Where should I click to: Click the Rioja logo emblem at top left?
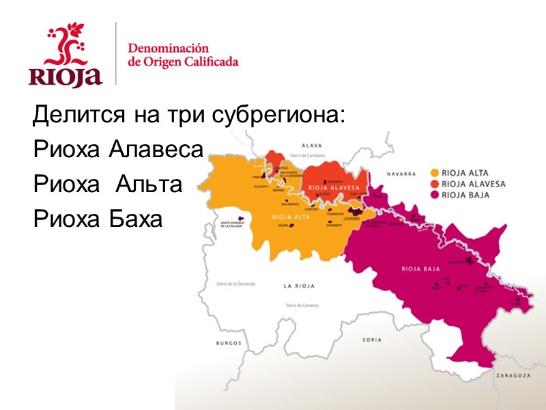click(x=66, y=55)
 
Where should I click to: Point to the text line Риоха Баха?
click(x=98, y=219)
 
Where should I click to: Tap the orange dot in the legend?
click(x=435, y=173)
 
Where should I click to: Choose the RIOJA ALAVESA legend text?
click(x=474, y=184)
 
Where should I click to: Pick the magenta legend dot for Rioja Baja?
click(x=435, y=195)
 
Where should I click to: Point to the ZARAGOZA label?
click(x=514, y=375)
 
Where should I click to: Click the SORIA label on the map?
click(x=353, y=339)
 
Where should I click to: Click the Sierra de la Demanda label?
click(x=235, y=283)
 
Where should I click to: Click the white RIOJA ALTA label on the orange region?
click(x=289, y=217)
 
